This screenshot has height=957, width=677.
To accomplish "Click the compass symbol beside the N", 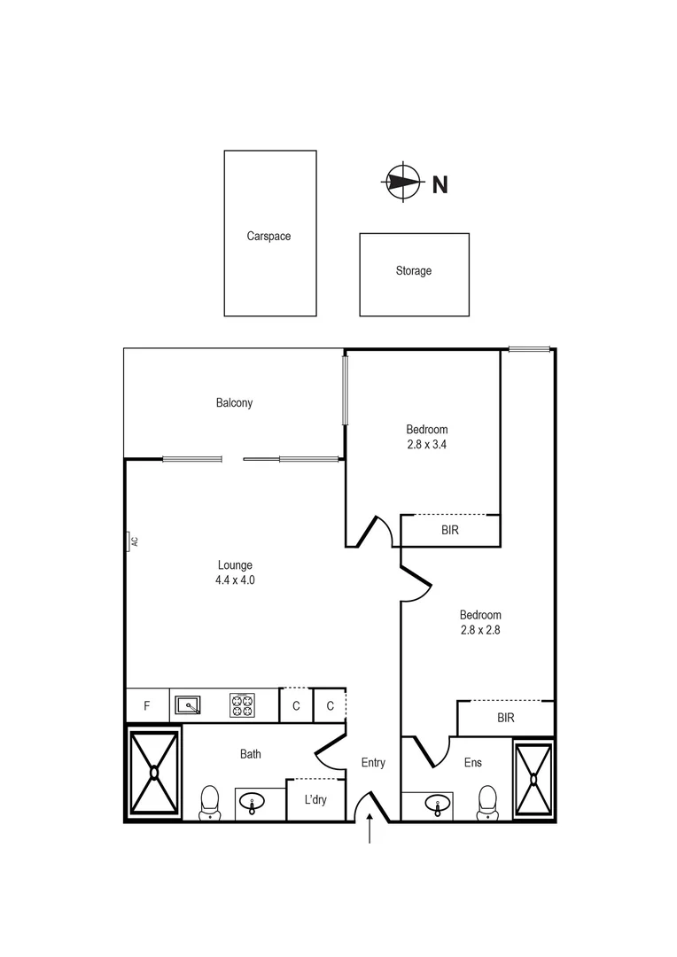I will [x=401, y=183].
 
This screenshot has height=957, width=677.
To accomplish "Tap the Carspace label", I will [x=268, y=237].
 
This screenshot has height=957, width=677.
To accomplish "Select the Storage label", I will [x=413, y=270].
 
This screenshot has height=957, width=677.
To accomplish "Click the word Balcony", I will [x=234, y=402].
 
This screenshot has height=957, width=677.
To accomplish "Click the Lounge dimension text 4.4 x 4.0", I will [x=235, y=580].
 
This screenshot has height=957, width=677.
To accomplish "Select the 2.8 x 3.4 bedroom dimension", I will [x=422, y=446].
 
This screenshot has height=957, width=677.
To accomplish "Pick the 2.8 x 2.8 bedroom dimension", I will [x=480, y=631].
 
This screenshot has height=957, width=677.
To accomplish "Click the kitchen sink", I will [x=187, y=705].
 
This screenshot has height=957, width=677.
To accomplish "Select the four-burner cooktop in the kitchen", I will [x=242, y=705].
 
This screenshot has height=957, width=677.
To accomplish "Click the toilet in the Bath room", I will [x=210, y=802].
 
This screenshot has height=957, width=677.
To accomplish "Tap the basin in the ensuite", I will [x=434, y=805].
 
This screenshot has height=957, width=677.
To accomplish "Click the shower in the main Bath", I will [x=154, y=772].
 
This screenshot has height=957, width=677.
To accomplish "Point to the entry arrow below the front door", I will [x=370, y=832].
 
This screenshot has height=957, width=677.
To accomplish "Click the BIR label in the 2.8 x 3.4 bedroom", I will [x=450, y=530].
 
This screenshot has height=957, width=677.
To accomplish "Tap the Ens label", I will [x=473, y=762].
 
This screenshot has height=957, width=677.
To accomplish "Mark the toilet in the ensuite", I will [x=486, y=802].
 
